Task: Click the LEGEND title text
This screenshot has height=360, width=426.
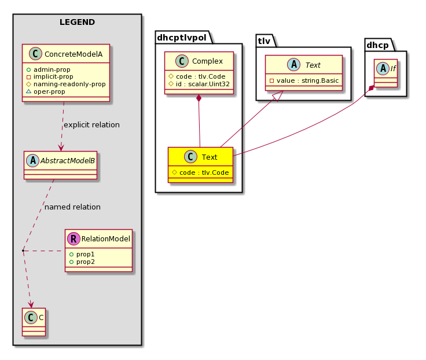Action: (77, 22)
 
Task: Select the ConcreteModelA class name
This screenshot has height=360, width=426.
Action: (74, 54)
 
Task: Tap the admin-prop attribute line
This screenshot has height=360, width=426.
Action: (49, 69)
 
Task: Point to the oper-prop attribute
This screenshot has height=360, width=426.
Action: (46, 91)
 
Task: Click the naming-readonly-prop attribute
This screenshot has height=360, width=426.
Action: (66, 84)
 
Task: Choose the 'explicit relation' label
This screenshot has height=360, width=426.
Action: (91, 124)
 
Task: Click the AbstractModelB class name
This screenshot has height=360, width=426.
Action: (68, 160)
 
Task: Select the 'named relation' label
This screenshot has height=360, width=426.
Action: (72, 207)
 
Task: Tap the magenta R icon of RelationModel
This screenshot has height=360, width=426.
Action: (74, 239)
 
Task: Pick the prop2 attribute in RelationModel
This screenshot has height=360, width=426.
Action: (82, 262)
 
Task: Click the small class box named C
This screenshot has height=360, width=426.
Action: (34, 322)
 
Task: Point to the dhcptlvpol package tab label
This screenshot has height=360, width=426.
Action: (182, 38)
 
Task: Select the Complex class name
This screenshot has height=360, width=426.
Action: (207, 61)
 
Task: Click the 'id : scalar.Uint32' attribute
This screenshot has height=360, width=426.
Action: (199, 84)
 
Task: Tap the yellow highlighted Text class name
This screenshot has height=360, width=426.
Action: (210, 157)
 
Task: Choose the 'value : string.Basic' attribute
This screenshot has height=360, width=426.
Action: (304, 80)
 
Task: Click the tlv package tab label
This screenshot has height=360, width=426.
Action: (264, 41)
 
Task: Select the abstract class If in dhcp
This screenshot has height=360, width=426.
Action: (386, 74)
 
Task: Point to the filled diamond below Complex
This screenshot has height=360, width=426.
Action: (199, 98)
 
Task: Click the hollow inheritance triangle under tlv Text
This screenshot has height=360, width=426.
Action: (278, 96)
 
